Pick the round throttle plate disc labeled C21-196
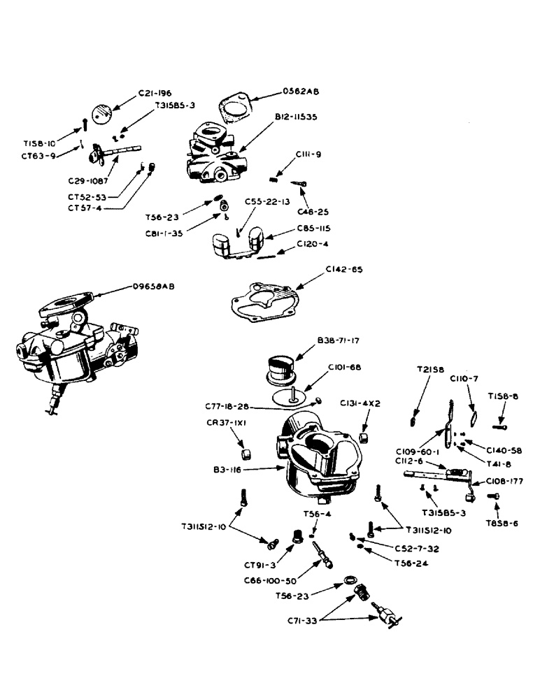104,113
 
